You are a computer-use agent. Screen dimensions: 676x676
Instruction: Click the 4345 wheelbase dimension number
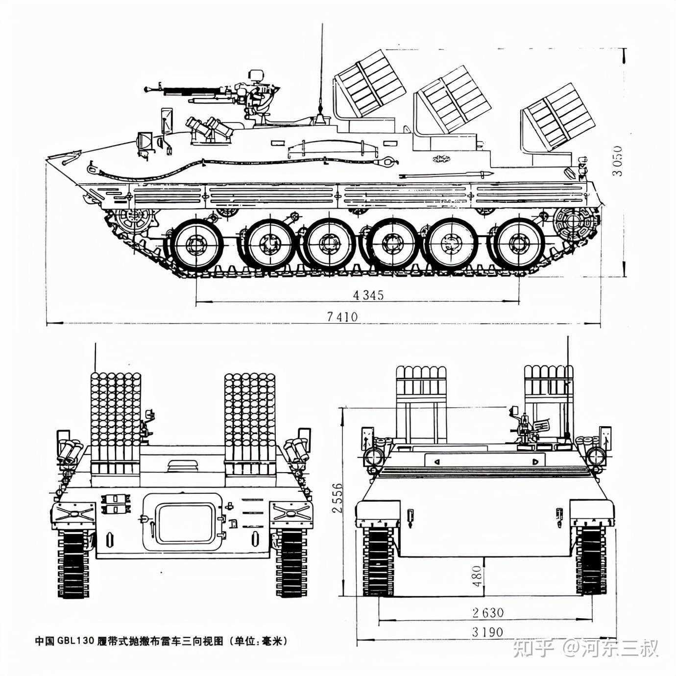pos(368,295)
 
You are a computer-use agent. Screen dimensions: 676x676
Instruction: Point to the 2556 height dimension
pos(337,498)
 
